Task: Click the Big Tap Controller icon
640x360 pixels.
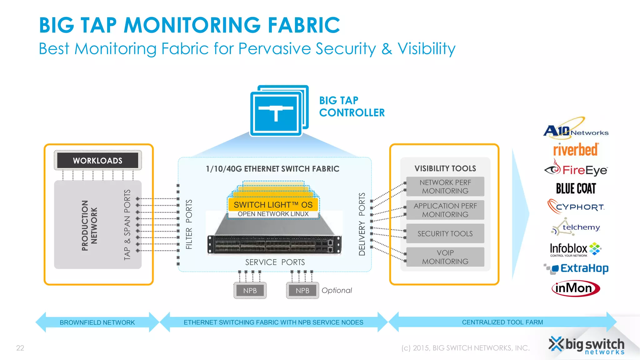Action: pyautogui.click(x=279, y=111)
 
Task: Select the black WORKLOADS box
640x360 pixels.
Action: pyautogui.click(x=97, y=160)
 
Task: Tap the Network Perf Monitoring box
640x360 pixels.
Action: pyautogui.click(x=445, y=187)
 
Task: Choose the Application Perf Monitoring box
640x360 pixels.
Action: pyautogui.click(x=445, y=210)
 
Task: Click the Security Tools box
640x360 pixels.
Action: pyautogui.click(x=445, y=233)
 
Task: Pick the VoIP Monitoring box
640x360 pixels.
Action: pyautogui.click(x=445, y=257)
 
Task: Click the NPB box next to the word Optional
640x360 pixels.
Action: pyautogui.click(x=302, y=291)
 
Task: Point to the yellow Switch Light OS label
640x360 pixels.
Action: pyautogui.click(x=273, y=205)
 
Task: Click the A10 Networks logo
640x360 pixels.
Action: pyautogui.click(x=576, y=128)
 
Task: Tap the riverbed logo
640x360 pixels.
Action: pyautogui.click(x=576, y=150)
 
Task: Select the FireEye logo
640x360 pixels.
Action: pyautogui.click(x=576, y=169)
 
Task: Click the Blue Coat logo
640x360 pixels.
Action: pyautogui.click(x=576, y=188)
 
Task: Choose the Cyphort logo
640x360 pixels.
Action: pyautogui.click(x=576, y=207)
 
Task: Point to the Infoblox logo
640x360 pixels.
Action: pyautogui.click(x=575, y=249)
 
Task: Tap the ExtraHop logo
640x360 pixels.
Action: pyautogui.click(x=576, y=268)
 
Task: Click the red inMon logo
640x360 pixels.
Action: pyautogui.click(x=576, y=288)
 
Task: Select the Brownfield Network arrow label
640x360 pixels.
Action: pyautogui.click(x=97, y=322)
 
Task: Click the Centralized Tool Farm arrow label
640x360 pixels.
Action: pyautogui.click(x=502, y=322)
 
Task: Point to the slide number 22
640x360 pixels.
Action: pyautogui.click(x=20, y=348)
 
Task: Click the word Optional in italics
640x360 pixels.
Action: pyautogui.click(x=337, y=291)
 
